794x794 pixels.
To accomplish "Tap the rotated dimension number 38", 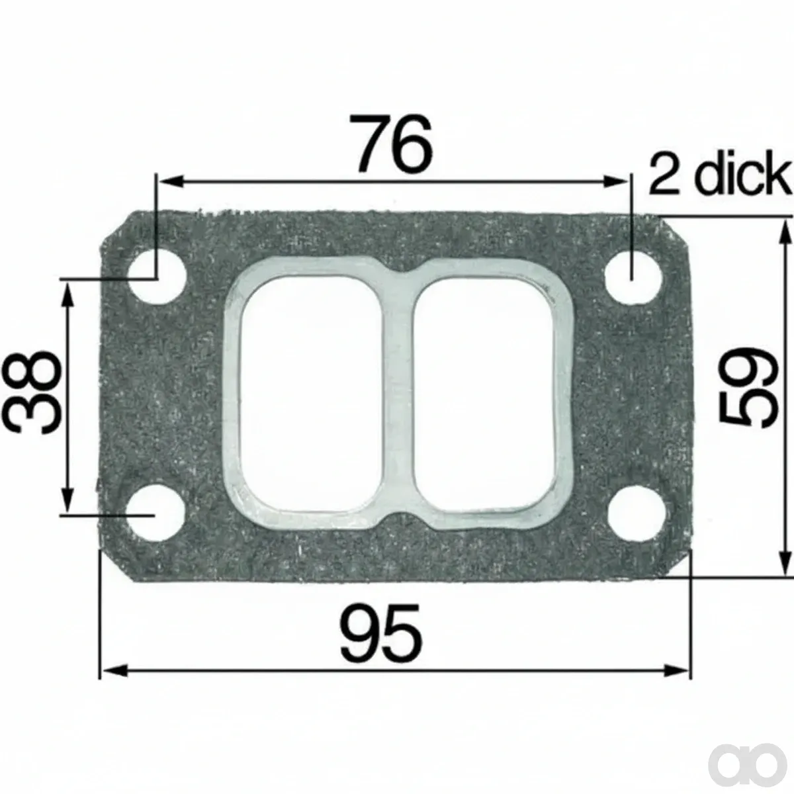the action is pyautogui.click(x=32, y=392).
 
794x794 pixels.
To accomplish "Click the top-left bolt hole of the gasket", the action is pyautogui.click(x=156, y=277).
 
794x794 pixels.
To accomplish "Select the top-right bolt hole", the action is pyautogui.click(x=634, y=277).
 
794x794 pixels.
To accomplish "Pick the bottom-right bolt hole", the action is pyautogui.click(x=637, y=513).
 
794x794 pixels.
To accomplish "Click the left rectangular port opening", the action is pyautogui.click(x=311, y=394).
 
